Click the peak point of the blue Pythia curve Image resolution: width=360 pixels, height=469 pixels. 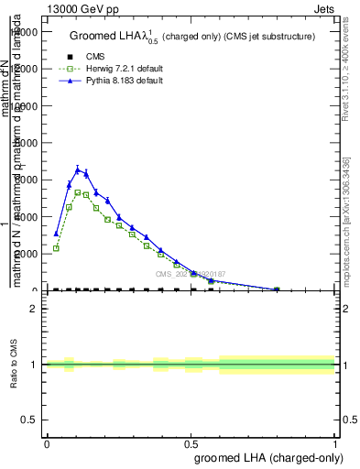(x=78, y=169)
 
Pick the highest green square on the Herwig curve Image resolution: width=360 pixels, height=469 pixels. (x=78, y=192)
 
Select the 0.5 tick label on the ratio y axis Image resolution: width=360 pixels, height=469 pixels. (x=29, y=420)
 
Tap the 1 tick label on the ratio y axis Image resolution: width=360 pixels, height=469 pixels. (x=34, y=365)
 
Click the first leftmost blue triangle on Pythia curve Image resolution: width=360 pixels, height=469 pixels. (x=56, y=234)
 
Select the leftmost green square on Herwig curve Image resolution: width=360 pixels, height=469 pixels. (x=56, y=248)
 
